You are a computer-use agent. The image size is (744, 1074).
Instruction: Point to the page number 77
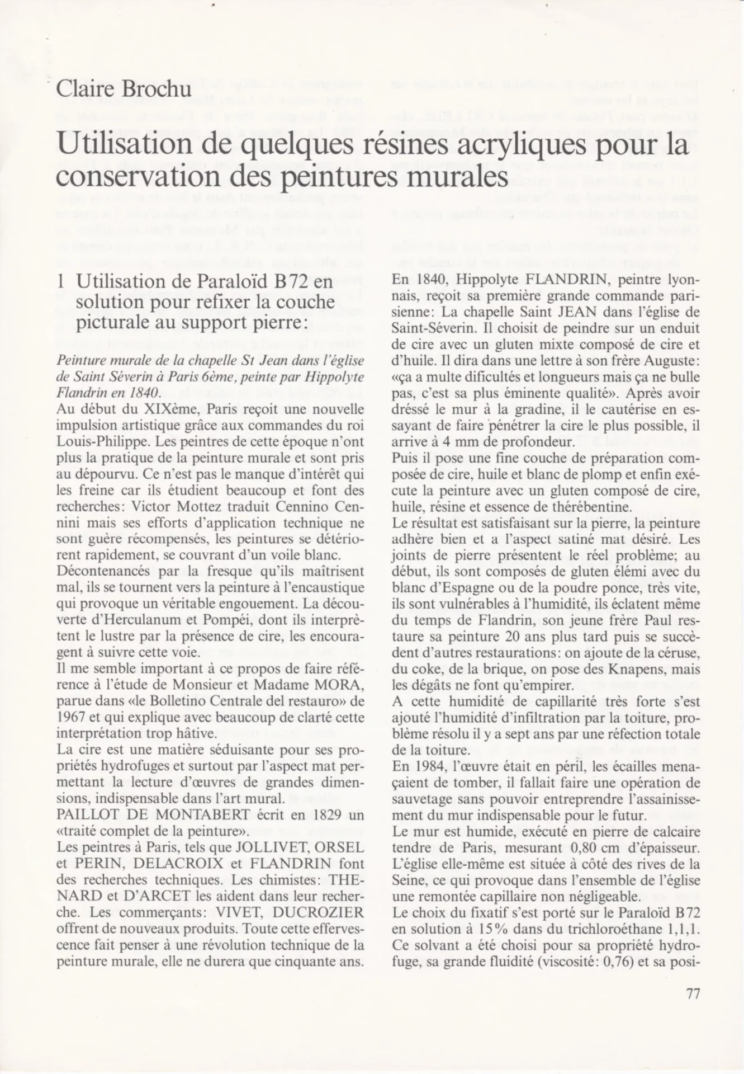point(693,994)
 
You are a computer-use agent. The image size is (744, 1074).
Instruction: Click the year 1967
point(70,717)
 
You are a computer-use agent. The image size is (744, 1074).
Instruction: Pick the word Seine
point(407,880)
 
